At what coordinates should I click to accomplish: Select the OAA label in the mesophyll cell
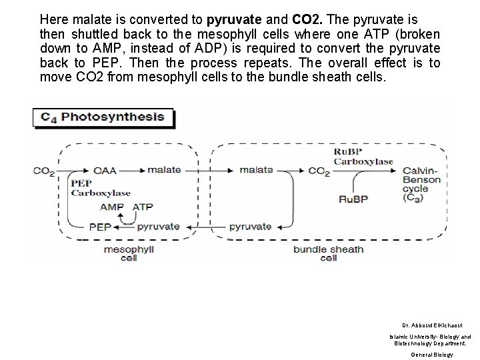(x=105, y=170)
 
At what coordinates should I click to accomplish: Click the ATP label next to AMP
(x=143, y=207)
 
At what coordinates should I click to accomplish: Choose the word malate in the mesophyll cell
(x=164, y=170)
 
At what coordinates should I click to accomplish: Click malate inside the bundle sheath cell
(x=256, y=170)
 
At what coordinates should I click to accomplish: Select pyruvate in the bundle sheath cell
(x=250, y=227)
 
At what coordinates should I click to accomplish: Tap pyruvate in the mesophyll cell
(x=158, y=227)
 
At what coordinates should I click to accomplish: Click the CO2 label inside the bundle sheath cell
(x=319, y=171)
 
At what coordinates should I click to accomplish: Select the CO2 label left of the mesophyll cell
(x=44, y=171)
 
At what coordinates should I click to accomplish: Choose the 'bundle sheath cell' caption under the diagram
(x=329, y=254)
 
